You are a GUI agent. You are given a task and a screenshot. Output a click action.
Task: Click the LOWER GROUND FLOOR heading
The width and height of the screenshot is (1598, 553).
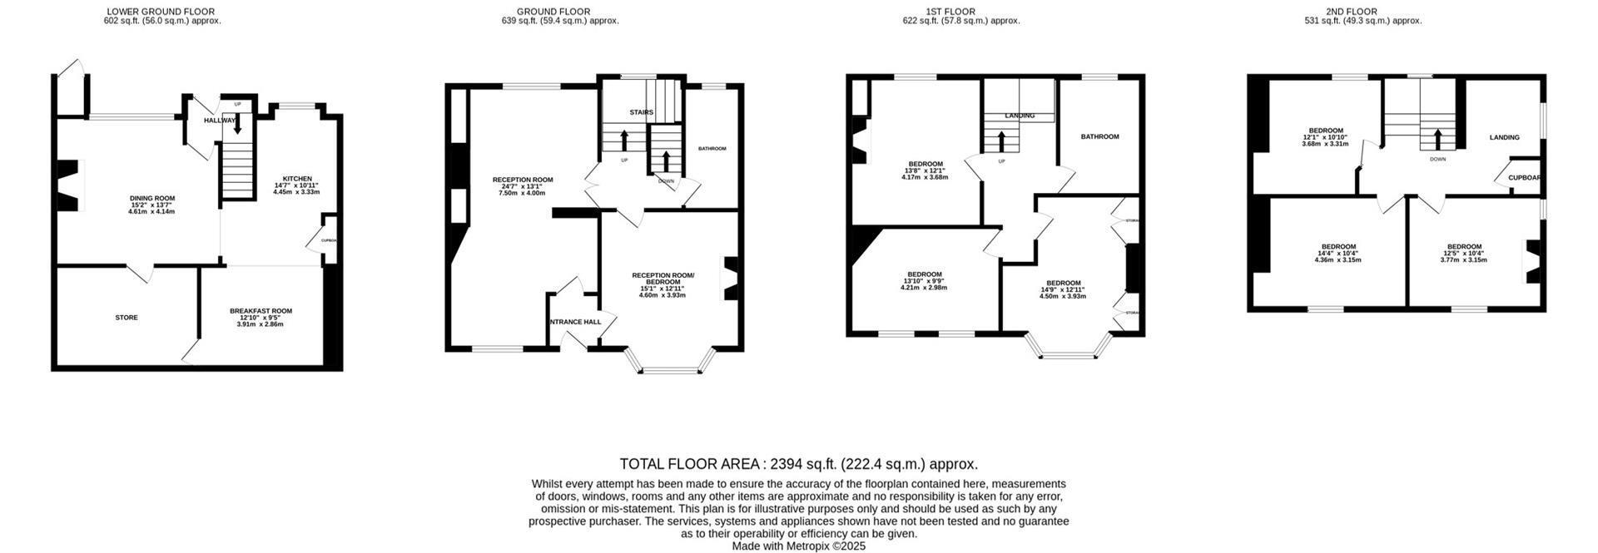tap(161, 12)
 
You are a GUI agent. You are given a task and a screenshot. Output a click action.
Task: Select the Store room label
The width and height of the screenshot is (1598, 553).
tap(127, 318)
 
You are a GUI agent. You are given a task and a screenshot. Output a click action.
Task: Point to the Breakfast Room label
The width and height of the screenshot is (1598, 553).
tap(261, 311)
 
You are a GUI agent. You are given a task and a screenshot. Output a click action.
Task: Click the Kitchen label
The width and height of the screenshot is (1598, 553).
tap(297, 179)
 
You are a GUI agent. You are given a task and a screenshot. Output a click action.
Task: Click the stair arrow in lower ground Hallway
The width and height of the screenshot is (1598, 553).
tap(237, 124)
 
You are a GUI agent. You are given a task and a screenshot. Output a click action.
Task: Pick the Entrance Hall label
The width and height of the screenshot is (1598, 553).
tap(573, 321)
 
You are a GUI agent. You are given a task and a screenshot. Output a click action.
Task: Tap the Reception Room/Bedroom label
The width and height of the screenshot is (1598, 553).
tap(663, 279)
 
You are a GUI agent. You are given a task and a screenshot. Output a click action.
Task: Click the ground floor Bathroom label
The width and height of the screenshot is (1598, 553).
tap(712, 149)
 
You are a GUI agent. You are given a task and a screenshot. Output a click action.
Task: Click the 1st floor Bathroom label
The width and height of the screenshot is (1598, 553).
tap(1099, 136)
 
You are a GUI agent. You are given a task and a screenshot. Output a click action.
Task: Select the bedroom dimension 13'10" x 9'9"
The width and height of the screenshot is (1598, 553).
tap(924, 288)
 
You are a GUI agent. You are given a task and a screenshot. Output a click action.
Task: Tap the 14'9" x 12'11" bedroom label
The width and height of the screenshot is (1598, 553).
tap(1063, 289)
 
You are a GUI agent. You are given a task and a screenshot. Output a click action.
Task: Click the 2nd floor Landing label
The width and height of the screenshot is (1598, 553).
tap(1504, 137)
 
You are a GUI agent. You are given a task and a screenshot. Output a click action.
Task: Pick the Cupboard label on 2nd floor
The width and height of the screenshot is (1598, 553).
tap(1525, 177)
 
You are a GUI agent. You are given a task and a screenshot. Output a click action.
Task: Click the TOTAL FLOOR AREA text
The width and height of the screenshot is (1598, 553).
tap(798, 464)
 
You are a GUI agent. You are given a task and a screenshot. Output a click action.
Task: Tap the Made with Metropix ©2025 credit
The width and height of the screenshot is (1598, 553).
tap(798, 546)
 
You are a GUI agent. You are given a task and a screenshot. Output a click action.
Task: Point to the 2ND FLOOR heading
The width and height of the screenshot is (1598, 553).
tap(1362, 12)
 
